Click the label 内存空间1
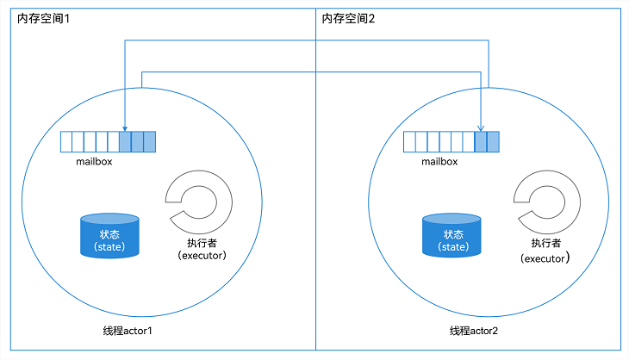[43, 19]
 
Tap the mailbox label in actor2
[439, 160]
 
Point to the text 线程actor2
[474, 332]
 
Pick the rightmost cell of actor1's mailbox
[150, 141]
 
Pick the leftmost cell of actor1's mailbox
[65, 141]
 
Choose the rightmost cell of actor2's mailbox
[493, 141]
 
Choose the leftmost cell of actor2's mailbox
[409, 141]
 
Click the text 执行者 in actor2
[546, 243]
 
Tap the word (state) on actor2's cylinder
[453, 247]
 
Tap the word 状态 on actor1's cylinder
[109, 233]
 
